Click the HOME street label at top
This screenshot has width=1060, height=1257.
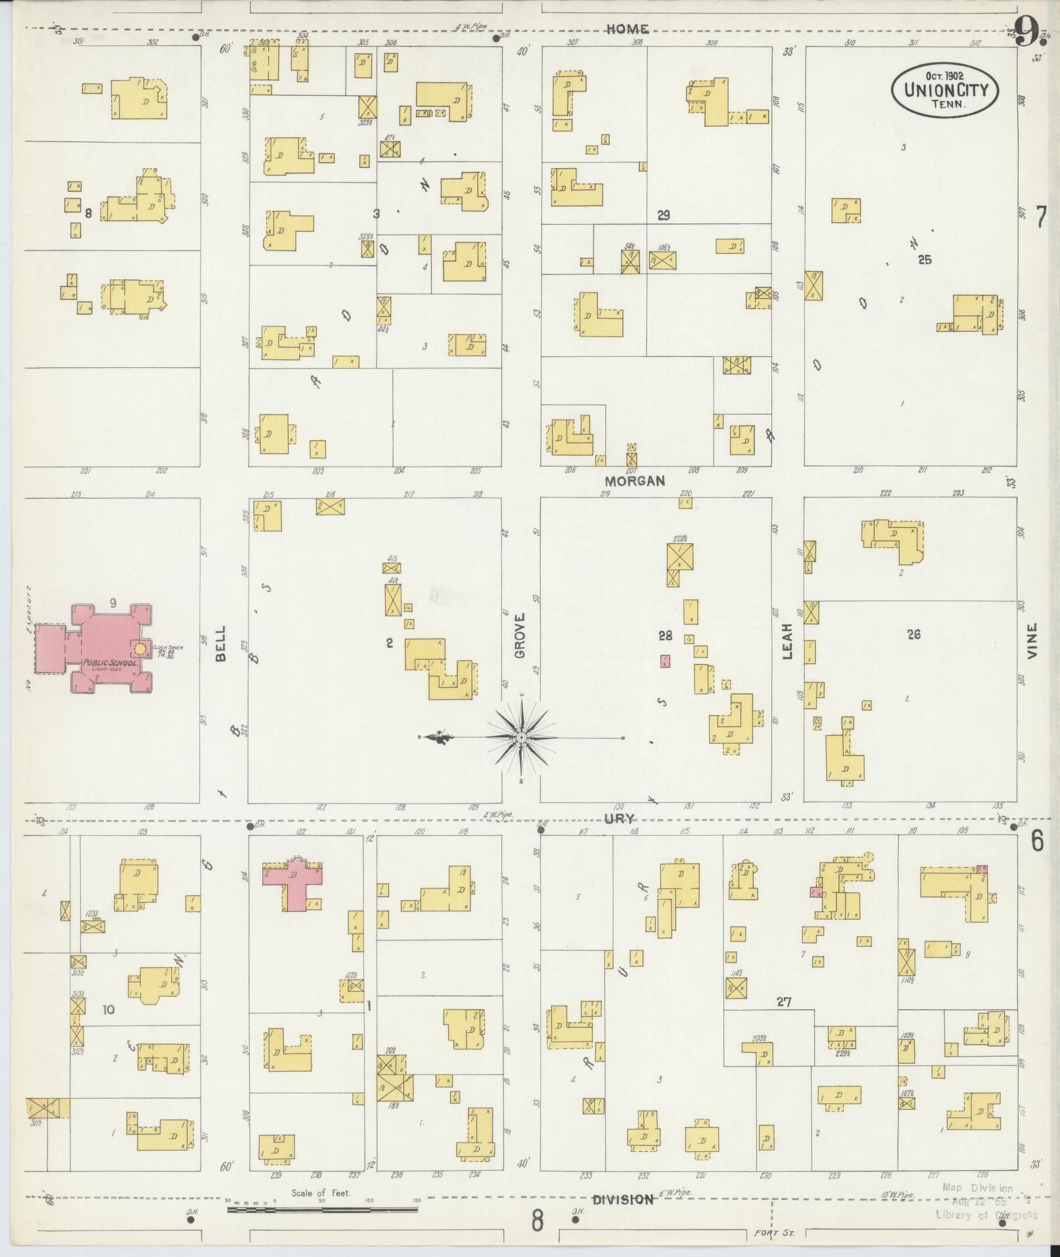tap(628, 29)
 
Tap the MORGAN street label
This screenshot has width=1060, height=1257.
tap(635, 481)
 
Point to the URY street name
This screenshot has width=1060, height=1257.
tap(620, 818)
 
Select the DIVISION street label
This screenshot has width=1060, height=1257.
tap(623, 1199)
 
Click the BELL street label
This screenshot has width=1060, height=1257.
tap(220, 643)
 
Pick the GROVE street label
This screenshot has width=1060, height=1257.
tap(520, 636)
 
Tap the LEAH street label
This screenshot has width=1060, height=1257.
tap(787, 641)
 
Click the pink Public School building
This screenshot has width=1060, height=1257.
tap(108, 647)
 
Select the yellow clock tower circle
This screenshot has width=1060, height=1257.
tap(140, 649)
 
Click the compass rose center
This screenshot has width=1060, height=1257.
tap(521, 738)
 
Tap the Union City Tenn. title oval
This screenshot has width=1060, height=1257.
tap(945, 91)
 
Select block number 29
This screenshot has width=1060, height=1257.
tap(663, 216)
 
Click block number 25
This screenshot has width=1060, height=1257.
tap(925, 260)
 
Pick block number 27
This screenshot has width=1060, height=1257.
tap(783, 1002)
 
